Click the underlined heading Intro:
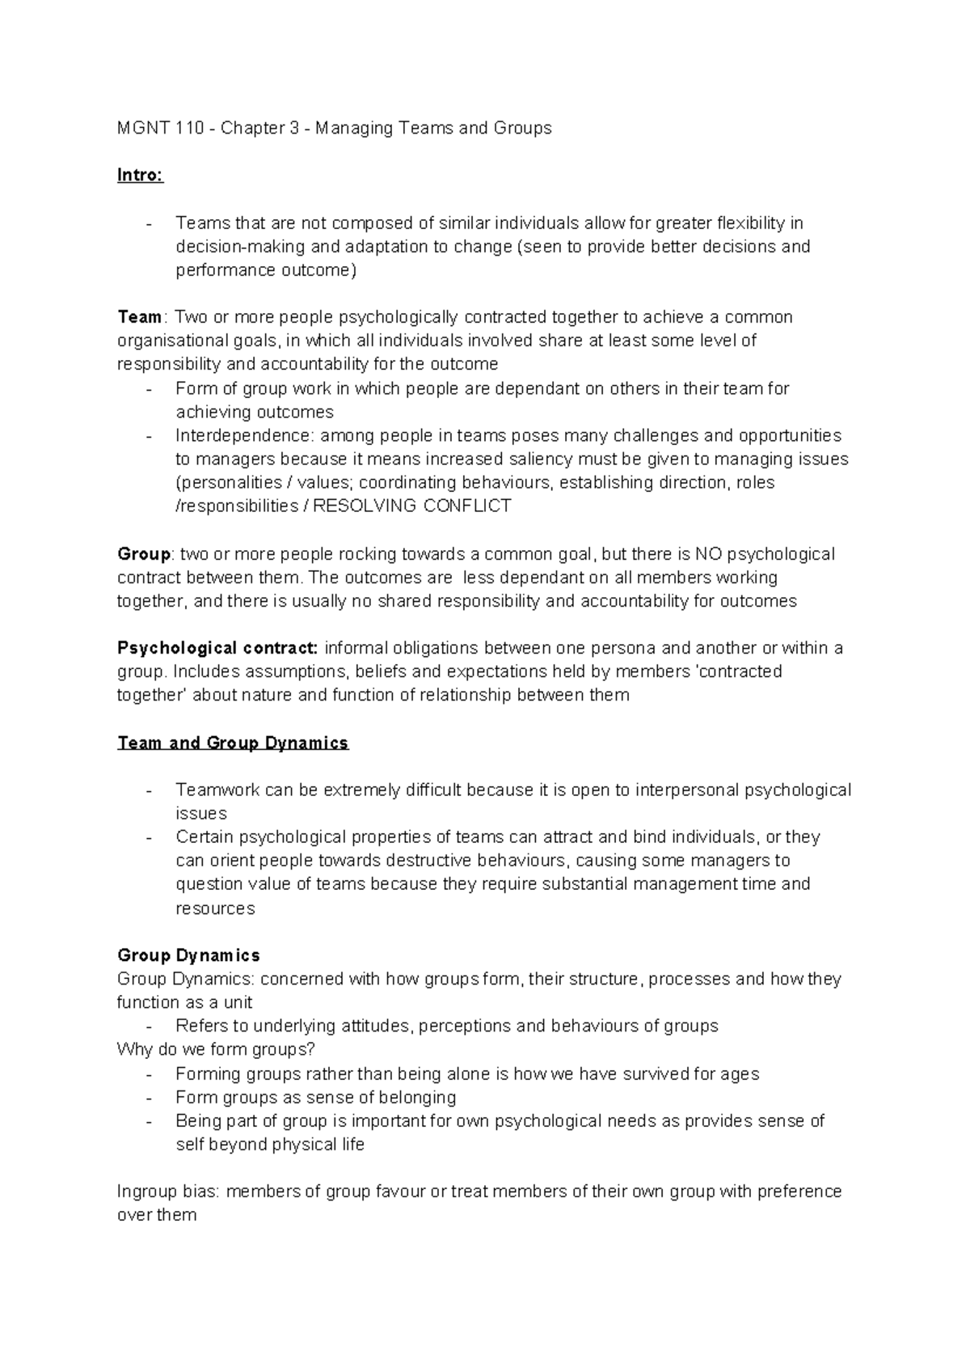tap(140, 176)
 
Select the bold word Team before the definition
tap(140, 317)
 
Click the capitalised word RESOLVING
tap(365, 506)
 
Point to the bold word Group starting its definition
tap(144, 554)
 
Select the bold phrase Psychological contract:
tap(218, 649)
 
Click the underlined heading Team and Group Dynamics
tap(233, 743)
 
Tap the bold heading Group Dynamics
tap(188, 955)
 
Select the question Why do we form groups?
tap(216, 1050)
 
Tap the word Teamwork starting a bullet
tap(217, 790)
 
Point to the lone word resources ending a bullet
tap(215, 908)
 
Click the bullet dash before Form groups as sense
tap(150, 1098)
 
